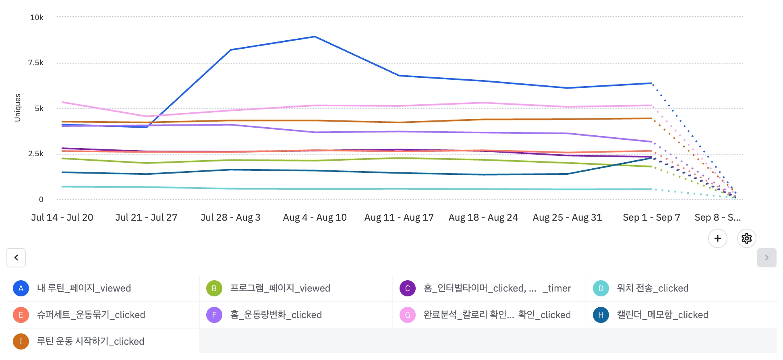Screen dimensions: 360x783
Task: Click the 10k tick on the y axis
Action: pos(37,17)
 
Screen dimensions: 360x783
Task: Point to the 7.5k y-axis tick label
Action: pos(35,62)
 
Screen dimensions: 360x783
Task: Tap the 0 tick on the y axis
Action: pos(41,199)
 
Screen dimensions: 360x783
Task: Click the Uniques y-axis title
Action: pos(18,108)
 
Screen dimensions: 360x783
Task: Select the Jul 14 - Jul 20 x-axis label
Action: pos(62,217)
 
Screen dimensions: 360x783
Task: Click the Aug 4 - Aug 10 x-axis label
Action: pos(315,217)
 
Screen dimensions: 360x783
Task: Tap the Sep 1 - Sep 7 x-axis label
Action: pos(651,217)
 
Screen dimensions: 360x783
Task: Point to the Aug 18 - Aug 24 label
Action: pos(483,217)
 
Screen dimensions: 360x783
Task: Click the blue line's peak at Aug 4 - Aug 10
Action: pos(315,37)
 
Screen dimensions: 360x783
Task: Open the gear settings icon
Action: pos(746,238)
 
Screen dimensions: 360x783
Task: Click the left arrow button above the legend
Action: pos(16,258)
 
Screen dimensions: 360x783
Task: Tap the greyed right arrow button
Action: pos(766,258)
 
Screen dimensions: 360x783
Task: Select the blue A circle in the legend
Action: pos(21,288)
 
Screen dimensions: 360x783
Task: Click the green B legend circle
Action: pos(214,288)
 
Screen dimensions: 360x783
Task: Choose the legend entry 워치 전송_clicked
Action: pos(652,288)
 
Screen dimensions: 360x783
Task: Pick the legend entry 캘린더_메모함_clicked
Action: pos(662,315)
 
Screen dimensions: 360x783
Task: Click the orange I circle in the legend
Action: pos(21,341)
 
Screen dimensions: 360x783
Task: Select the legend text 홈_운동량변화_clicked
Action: pos(276,315)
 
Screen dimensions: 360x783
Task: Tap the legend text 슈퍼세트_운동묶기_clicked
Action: pos(91,315)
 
